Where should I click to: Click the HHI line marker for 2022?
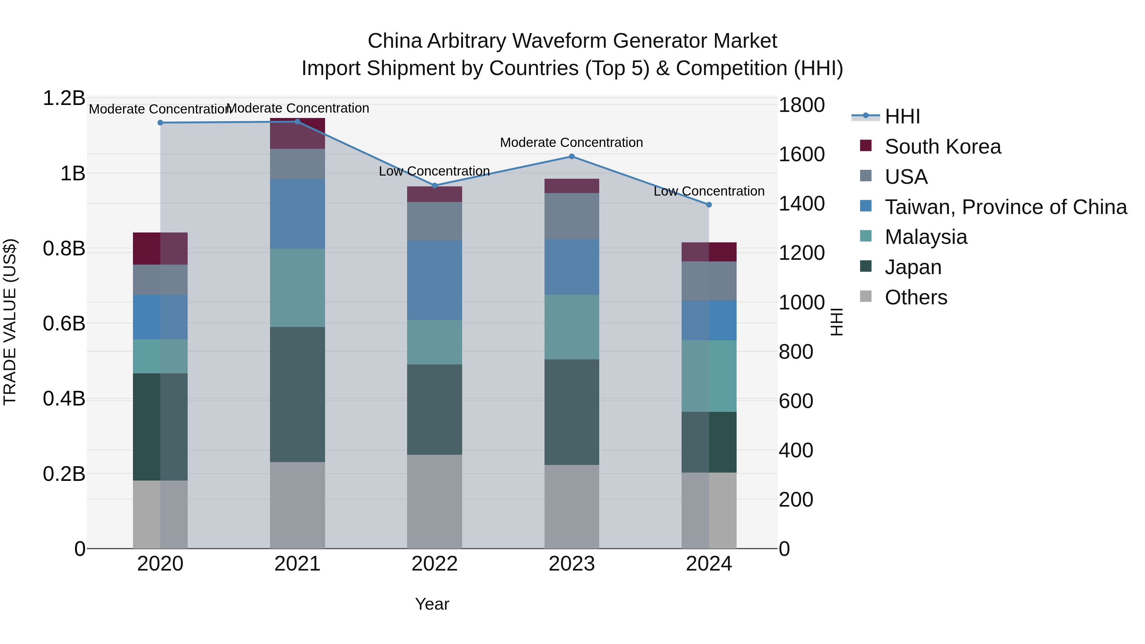click(x=435, y=185)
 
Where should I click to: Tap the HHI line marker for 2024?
click(x=709, y=204)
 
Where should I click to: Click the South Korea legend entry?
click(x=942, y=147)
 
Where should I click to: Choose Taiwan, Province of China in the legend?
click(x=1005, y=207)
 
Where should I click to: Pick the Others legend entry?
click(x=916, y=297)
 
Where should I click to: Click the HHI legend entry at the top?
click(x=902, y=116)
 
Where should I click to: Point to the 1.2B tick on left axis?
click(x=64, y=98)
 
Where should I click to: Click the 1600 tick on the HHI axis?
click(x=801, y=155)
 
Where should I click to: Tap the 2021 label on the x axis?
click(x=297, y=564)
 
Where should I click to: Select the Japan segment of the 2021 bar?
click(x=297, y=394)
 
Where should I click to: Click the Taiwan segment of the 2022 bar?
click(x=435, y=280)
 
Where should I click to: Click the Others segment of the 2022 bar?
click(x=435, y=501)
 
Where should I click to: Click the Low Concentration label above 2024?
click(x=709, y=191)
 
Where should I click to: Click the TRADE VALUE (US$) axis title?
click(x=10, y=322)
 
